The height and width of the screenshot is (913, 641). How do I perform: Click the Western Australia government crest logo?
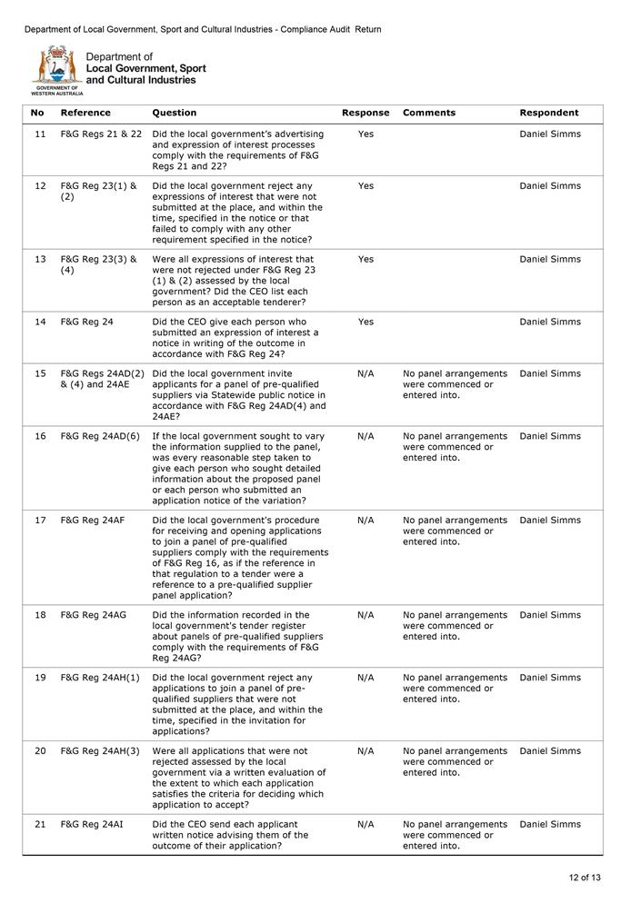[56, 67]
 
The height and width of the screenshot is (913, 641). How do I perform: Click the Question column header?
[175, 113]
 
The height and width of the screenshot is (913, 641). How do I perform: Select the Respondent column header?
[548, 113]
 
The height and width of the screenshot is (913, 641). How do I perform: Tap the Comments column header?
[429, 113]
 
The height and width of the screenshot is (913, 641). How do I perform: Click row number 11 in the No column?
[40, 134]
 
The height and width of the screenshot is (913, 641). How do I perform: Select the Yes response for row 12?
[366, 186]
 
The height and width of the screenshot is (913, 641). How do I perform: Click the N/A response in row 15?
[366, 373]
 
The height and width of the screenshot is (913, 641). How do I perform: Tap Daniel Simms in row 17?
[549, 521]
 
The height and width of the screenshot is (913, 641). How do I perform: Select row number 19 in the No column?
[40, 678]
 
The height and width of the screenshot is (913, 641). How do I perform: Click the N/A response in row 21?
[366, 825]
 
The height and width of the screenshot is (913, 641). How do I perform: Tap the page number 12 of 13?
[585, 878]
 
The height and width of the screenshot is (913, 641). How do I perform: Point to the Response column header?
[366, 113]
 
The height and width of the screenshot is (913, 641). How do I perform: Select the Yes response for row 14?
[366, 322]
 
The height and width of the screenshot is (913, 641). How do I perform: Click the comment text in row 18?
[455, 626]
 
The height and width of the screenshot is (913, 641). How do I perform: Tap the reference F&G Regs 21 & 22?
[101, 134]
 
